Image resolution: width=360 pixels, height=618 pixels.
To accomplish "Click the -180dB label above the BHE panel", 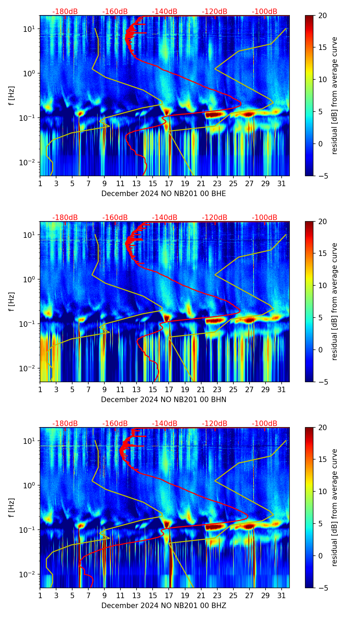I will coord(65,12).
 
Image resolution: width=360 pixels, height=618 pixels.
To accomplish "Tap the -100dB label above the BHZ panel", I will coord(265,424).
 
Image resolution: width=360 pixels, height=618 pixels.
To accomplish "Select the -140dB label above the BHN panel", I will coord(165,218).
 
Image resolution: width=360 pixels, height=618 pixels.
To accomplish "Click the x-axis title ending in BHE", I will coord(164,194).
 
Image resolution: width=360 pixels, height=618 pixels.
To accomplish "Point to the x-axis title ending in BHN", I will coord(164,400).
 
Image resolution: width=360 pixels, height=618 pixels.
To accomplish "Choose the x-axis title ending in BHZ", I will coord(164,606).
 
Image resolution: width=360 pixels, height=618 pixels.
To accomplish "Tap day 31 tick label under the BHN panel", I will coord(282,389).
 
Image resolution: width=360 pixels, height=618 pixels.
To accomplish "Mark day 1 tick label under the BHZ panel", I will coord(40,595).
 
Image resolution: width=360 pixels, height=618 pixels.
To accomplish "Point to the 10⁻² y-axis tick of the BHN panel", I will coord(27,369).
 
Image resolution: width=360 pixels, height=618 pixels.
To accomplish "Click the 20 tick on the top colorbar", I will coord(323,15).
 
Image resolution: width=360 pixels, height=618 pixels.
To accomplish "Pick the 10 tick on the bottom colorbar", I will coord(323,492).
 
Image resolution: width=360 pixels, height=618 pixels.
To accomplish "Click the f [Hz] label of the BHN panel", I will coord(12,301).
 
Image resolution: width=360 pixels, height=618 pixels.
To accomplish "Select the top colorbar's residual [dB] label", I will coord(334,95).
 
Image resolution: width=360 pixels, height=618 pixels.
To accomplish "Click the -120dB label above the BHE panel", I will coord(215,12).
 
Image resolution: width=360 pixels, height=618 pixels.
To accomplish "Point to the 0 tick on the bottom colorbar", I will coord(321,556).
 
